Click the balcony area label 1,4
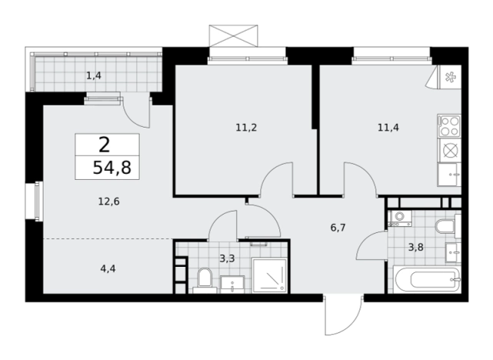[94, 76]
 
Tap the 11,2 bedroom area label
[246, 128]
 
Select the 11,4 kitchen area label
[388, 128]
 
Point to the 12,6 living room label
[108, 202]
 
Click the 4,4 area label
[108, 268]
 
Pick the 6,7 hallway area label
[338, 228]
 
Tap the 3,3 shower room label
[227, 258]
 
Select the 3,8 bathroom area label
[415, 248]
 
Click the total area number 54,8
[112, 168]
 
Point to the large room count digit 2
[105, 145]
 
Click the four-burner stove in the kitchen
[449, 125]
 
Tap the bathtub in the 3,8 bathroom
[427, 279]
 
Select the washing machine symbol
[400, 218]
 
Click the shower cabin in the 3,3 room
[270, 275]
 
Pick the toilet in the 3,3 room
[205, 280]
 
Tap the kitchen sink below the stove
[449, 175]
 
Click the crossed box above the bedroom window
[233, 36]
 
